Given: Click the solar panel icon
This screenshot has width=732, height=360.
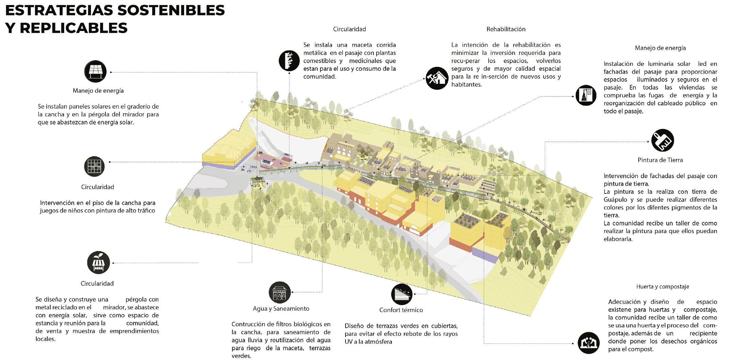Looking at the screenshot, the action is pyautogui.click(x=95, y=72).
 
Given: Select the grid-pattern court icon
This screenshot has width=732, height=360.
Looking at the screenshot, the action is pyautogui.click(x=94, y=166).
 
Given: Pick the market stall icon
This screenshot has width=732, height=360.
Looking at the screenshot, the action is pyautogui.click(x=99, y=263).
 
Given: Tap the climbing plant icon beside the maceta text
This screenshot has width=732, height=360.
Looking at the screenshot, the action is pyautogui.click(x=289, y=60).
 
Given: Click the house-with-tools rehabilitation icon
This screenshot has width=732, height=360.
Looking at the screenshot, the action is pyautogui.click(x=437, y=78).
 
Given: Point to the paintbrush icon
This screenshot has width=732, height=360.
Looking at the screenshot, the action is pyautogui.click(x=662, y=140).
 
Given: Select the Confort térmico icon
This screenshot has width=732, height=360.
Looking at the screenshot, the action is pyautogui.click(x=401, y=294).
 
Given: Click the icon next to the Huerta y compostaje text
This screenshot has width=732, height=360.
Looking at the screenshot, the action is pyautogui.click(x=589, y=343).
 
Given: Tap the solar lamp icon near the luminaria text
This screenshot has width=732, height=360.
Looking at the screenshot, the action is pyautogui.click(x=586, y=95).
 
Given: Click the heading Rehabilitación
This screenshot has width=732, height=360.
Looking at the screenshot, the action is pyautogui.click(x=506, y=29).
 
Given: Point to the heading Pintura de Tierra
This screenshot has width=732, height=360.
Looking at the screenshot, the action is pyautogui.click(x=660, y=160).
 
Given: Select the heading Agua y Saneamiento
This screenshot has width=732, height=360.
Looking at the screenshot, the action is pyautogui.click(x=281, y=309).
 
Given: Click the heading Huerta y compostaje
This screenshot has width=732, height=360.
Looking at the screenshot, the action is pyautogui.click(x=663, y=287).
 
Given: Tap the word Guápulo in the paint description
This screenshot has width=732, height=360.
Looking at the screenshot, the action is pyautogui.click(x=616, y=200).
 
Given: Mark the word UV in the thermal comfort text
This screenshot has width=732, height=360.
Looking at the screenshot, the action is pyautogui.click(x=349, y=342).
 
